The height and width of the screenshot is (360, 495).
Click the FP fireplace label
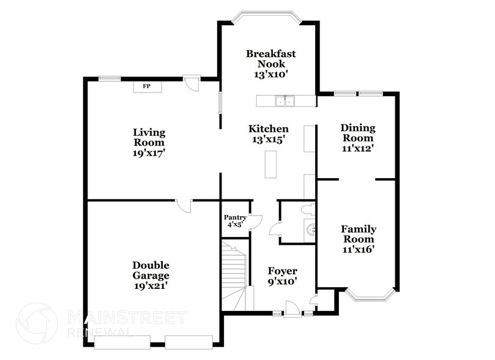pos(146,86)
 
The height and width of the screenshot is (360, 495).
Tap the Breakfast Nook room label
pos(271,59)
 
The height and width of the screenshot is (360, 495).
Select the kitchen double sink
pos(285,101)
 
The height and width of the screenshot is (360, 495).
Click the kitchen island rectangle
pos(270,164)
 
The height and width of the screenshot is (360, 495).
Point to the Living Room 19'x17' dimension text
pos(149,153)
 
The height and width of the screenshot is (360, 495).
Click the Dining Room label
pos(358,133)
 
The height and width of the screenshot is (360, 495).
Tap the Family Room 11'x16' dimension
pos(359,249)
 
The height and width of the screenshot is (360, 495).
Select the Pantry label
pos(235,217)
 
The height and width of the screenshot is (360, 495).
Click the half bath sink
pos(311,230)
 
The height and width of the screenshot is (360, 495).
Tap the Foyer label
pos(283,271)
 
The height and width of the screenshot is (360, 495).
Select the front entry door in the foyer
pos(292,309)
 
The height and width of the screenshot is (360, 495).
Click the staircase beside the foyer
pos(234,276)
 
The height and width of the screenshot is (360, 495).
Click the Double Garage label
pos(151,271)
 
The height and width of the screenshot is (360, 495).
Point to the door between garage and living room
pos(184,206)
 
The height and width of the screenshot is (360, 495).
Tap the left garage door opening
pos(122,342)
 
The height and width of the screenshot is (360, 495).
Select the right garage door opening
pos(189,342)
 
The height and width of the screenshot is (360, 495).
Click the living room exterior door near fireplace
pos(192,83)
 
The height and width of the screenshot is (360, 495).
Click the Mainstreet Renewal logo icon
pos(37,323)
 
